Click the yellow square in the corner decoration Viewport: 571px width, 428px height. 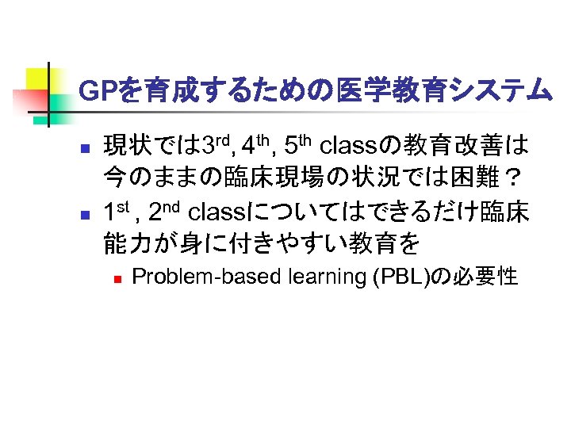pyautogui.click(x=38, y=78)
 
